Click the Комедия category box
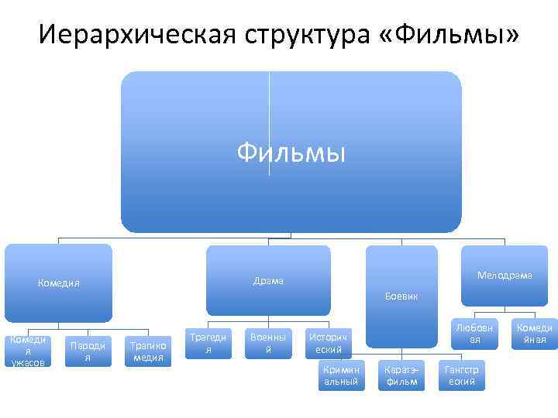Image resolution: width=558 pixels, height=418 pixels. (x=59, y=283)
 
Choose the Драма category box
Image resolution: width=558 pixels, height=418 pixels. (x=268, y=280)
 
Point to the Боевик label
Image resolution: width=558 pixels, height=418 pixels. (x=401, y=296)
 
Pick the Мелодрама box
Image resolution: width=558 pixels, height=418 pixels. (x=505, y=276)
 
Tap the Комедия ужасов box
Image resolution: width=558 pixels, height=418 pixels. (x=28, y=351)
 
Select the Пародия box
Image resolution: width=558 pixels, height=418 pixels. (x=88, y=351)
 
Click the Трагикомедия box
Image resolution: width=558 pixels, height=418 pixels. (x=147, y=351)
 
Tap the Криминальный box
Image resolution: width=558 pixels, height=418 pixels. (x=341, y=375)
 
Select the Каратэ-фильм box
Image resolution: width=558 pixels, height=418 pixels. (x=401, y=375)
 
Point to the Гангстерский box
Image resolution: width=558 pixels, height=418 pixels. (x=462, y=375)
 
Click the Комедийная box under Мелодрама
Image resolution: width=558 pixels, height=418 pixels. (x=536, y=334)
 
